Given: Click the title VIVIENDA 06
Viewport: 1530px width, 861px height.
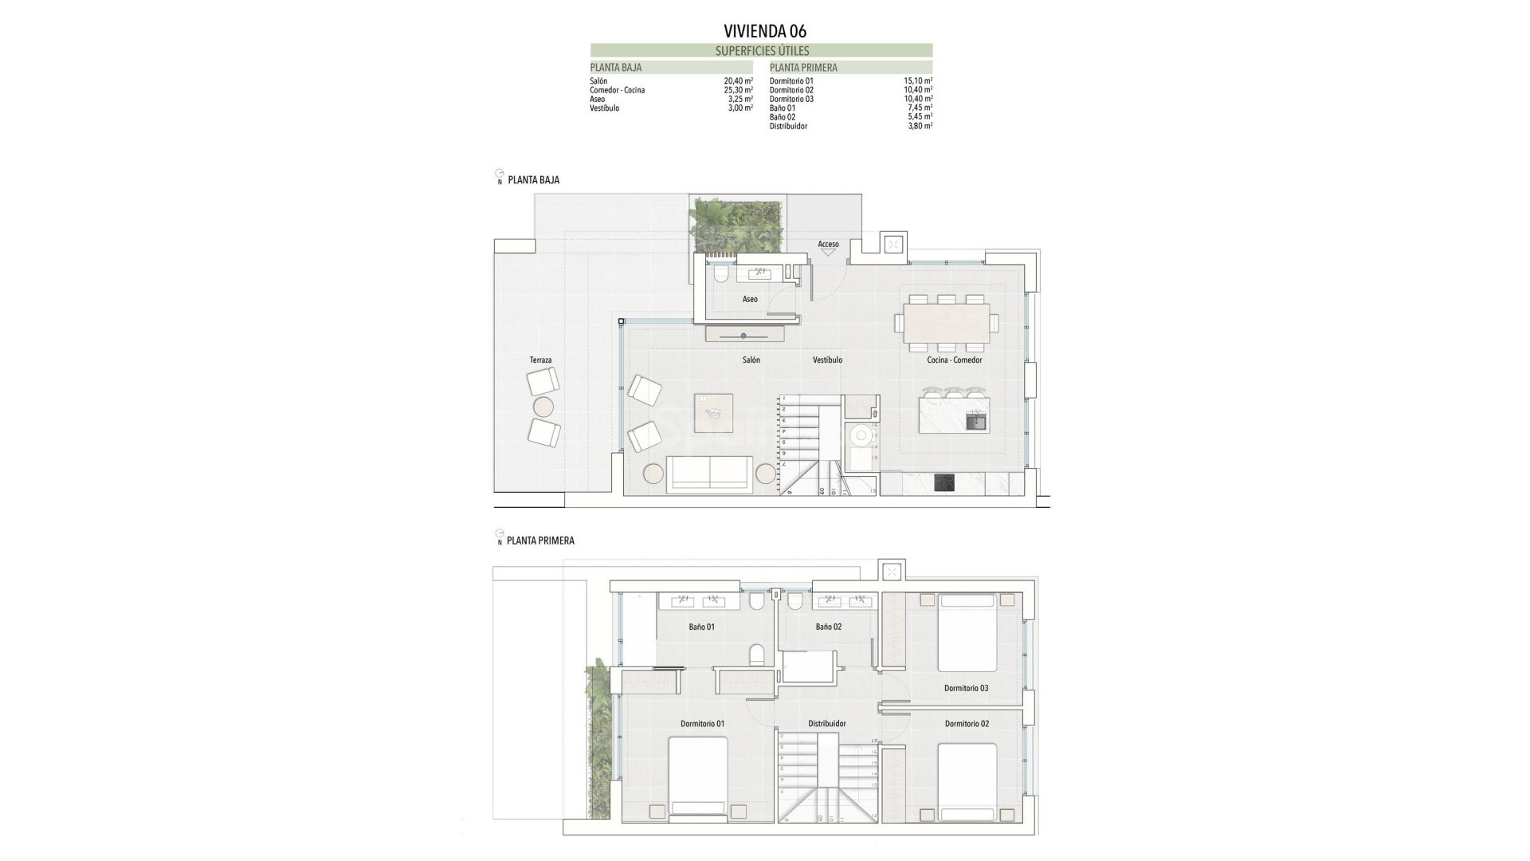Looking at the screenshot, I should point(764,31).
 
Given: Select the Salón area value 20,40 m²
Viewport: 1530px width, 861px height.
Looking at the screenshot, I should point(739,81).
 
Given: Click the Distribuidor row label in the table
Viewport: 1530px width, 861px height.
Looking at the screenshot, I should point(788,126).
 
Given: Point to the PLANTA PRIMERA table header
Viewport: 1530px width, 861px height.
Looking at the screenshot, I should point(803,68).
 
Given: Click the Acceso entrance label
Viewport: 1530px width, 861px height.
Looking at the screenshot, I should point(828,245).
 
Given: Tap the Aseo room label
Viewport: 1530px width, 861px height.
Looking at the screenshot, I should point(750,299).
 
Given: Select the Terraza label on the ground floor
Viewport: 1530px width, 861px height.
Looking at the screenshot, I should point(540,360).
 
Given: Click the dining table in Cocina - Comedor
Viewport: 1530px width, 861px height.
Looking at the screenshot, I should point(947,323).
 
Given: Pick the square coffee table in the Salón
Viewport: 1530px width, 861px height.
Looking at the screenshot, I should point(713,413).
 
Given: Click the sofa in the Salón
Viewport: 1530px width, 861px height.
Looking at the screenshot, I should point(709,474).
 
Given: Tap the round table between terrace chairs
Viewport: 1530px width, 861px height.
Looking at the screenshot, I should point(543,407).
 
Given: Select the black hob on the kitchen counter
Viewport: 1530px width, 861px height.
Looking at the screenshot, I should point(944,483).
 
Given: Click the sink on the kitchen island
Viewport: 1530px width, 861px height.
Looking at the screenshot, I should point(975,422).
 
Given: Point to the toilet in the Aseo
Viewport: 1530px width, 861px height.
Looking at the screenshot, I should point(720,275).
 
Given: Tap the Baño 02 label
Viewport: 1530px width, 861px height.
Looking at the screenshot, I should point(828,627).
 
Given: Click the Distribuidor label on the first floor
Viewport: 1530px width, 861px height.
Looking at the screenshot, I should point(826,724).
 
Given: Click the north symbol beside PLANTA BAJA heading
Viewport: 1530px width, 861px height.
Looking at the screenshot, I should point(499,175).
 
